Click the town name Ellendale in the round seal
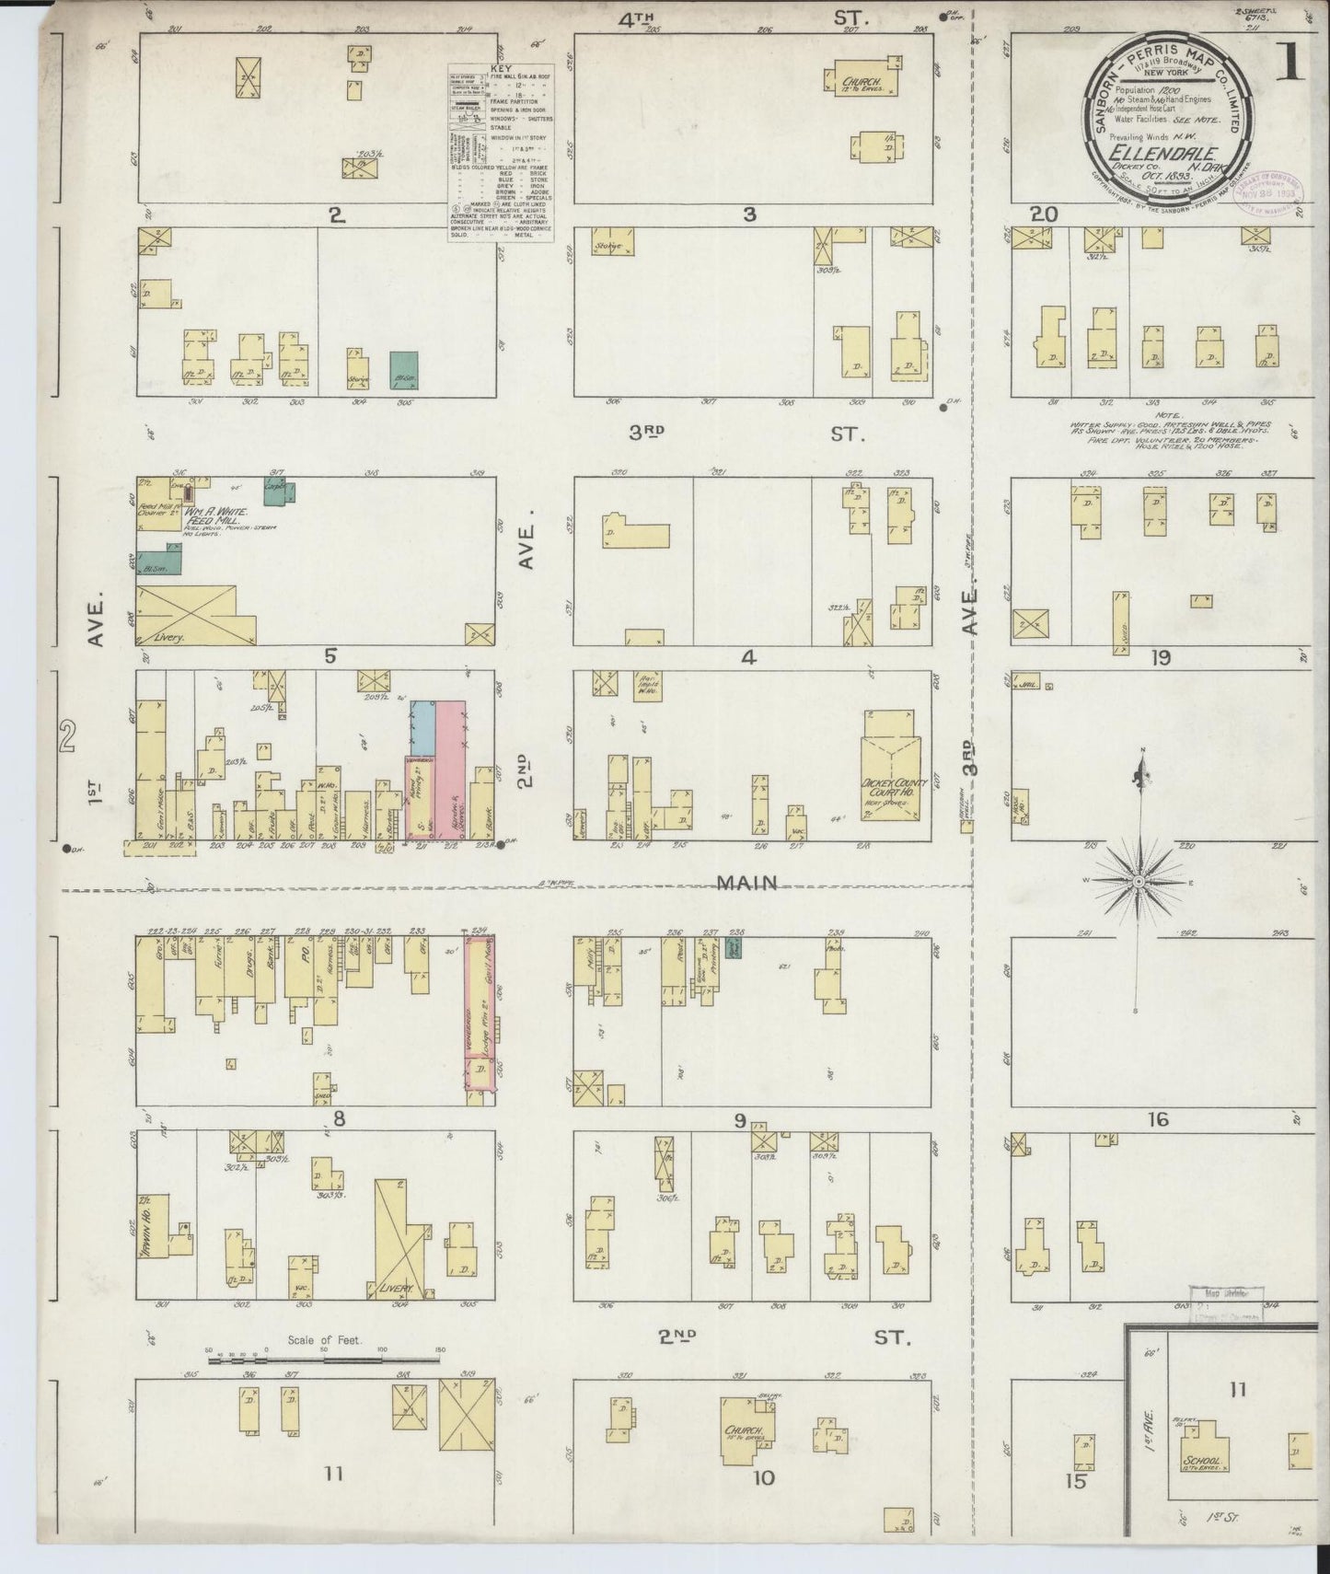[1164, 153]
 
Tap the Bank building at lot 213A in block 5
[481, 805]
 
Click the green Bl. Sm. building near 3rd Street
[404, 366]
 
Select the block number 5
[330, 656]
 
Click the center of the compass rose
[1139, 881]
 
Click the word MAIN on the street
[747, 883]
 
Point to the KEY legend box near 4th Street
[501, 153]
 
